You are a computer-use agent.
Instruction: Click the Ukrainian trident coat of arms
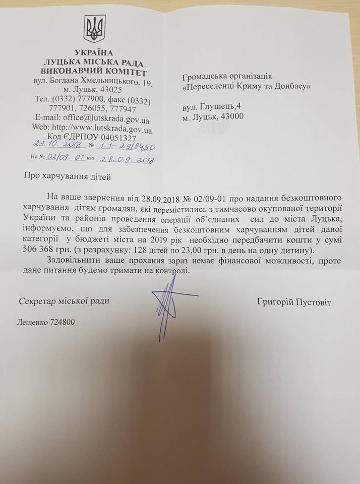click(94, 29)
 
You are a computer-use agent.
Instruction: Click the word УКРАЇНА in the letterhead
click(94, 53)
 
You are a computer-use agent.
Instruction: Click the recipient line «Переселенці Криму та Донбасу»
click(246, 86)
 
